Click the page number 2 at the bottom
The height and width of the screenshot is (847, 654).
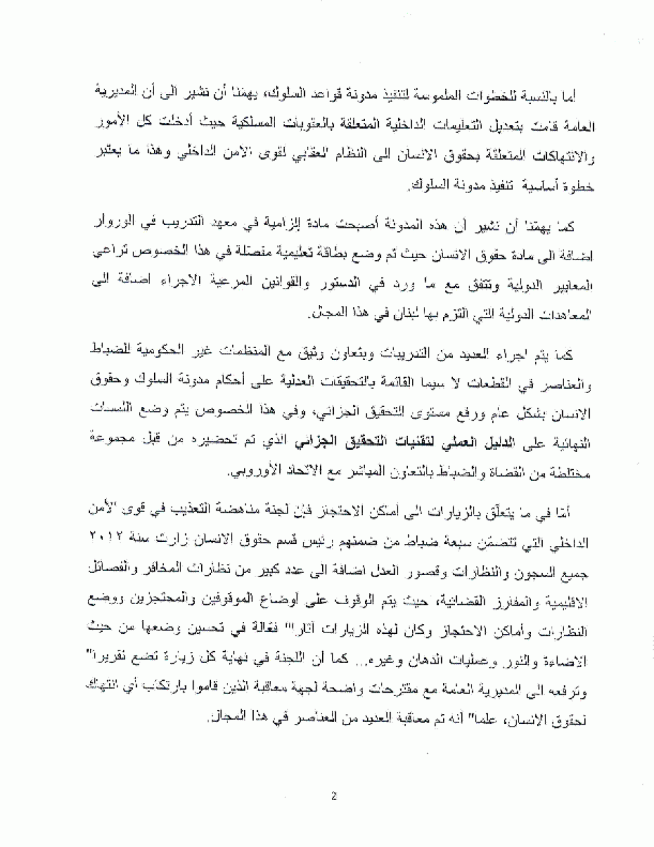coord(333,796)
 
